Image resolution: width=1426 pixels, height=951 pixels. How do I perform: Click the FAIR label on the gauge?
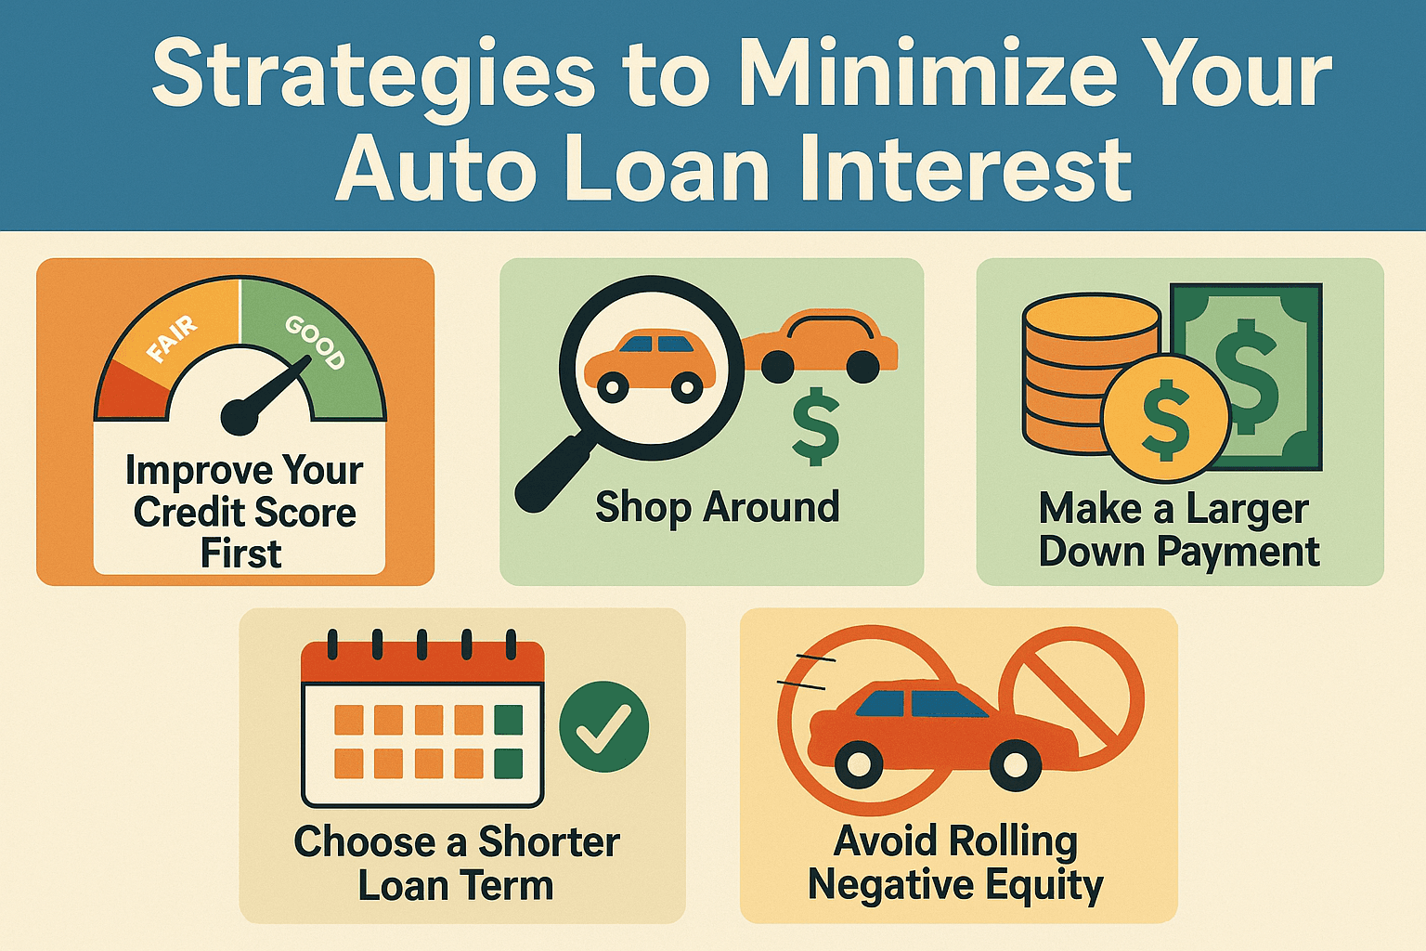(173, 339)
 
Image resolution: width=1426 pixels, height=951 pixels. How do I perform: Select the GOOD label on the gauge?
(316, 342)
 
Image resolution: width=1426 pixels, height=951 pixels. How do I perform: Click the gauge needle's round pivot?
(240, 417)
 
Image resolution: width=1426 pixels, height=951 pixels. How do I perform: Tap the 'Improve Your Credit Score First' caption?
(243, 512)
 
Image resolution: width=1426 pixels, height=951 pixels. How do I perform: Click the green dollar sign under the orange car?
(816, 428)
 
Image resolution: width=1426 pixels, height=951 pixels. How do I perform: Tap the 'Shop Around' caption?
(717, 508)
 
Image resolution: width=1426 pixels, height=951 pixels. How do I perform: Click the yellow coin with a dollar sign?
(1166, 419)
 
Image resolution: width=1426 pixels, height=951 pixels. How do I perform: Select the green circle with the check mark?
(604, 726)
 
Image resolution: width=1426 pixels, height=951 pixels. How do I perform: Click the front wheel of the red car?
(1016, 765)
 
